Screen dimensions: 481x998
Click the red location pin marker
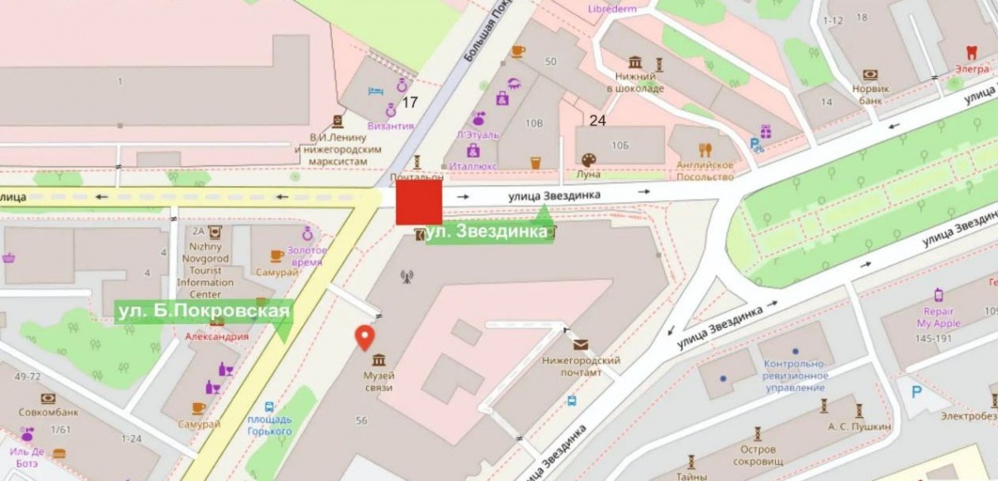[364, 336]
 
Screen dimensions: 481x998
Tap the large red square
[418, 202]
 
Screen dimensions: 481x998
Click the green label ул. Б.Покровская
[204, 311]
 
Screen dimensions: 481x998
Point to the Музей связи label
[378, 381]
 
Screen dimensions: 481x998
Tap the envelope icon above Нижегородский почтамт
[579, 344]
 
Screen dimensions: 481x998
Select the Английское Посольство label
[704, 170]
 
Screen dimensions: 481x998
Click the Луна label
[588, 174]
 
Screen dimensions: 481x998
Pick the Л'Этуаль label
[477, 134]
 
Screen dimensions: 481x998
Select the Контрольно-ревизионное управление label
[794, 375]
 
